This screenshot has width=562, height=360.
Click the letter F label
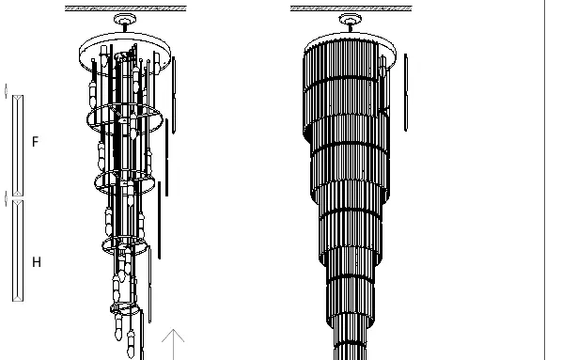tap(35, 142)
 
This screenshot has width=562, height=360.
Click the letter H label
tap(37, 262)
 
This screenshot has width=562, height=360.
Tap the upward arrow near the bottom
tap(173, 344)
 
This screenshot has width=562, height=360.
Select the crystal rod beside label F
tap(18, 146)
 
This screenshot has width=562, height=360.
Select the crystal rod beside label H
tap(18, 251)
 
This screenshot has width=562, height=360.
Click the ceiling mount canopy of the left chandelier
tap(125, 19)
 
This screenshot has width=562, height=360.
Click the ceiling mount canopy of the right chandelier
tap(351, 19)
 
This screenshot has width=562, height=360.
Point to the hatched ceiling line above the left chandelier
tap(125, 8)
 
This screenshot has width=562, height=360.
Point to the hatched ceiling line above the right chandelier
tap(351, 8)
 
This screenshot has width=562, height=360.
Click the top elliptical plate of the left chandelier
tap(125, 34)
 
